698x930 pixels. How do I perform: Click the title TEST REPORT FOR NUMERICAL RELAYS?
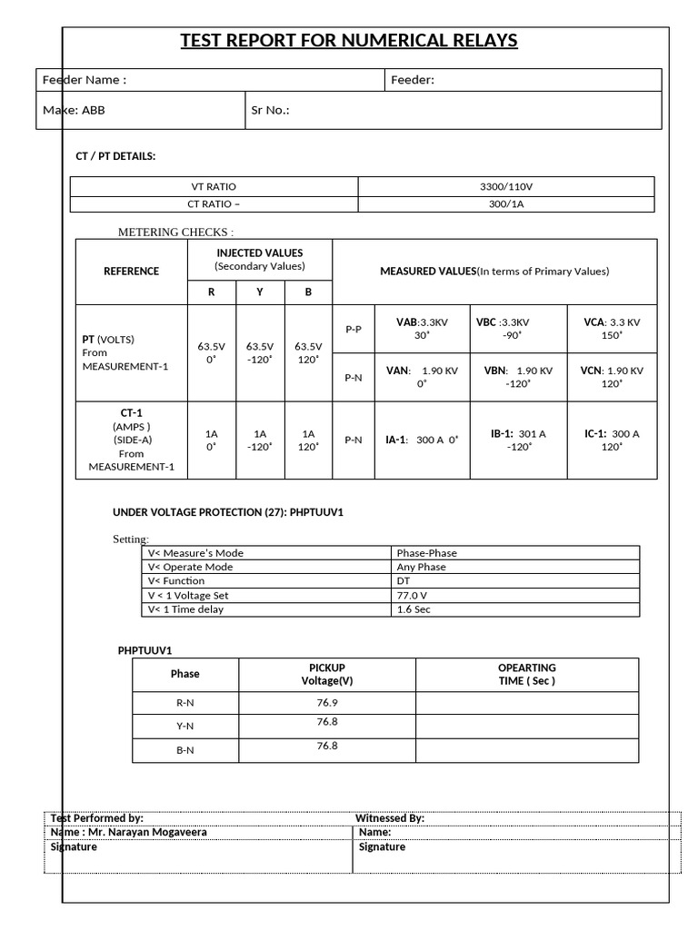pos(349,40)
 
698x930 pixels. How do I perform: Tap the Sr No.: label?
pos(270,111)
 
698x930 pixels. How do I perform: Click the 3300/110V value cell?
pos(506,186)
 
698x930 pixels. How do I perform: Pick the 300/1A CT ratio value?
pos(506,204)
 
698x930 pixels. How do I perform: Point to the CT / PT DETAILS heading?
pos(115,156)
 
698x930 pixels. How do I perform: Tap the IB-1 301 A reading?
pos(518,440)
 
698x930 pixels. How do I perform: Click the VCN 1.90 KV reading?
pos(613,376)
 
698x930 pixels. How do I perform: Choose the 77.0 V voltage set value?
pos(413,595)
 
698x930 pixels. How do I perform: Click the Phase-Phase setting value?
pos(427,552)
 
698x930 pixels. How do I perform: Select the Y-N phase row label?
pos(184,726)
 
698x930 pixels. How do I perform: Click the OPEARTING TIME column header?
pos(526,674)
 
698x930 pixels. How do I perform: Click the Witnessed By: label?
pos(390,818)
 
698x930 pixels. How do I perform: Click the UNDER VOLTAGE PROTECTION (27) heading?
pos(227,512)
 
